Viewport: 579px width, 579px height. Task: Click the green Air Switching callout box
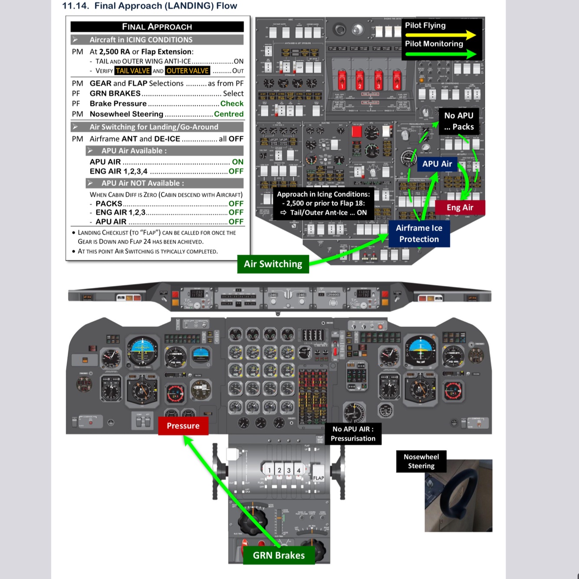pyautogui.click(x=273, y=264)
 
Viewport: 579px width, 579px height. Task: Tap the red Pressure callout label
pyautogui.click(x=183, y=426)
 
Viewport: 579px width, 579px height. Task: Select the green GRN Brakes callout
pyautogui.click(x=279, y=555)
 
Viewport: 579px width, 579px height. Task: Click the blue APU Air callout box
pyautogui.click(x=437, y=164)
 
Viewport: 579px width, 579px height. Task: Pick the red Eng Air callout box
pyautogui.click(x=460, y=207)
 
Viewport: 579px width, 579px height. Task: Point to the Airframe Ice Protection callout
pyautogui.click(x=419, y=234)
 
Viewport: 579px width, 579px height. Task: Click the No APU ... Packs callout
pyautogui.click(x=459, y=121)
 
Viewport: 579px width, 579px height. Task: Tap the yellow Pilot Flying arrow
pyautogui.click(x=441, y=34)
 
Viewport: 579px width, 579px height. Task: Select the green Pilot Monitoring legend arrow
pyautogui.click(x=441, y=54)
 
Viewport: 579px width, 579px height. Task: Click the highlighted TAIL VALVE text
pyautogui.click(x=133, y=71)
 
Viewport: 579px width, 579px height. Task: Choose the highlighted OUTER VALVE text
pyautogui.click(x=188, y=71)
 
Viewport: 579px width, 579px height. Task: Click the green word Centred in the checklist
pyautogui.click(x=229, y=114)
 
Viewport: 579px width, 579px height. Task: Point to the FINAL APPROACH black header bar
pyautogui.click(x=157, y=26)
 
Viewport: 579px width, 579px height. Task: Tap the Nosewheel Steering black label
pyautogui.click(x=421, y=461)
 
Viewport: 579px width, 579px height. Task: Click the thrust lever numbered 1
pyautogui.click(x=269, y=470)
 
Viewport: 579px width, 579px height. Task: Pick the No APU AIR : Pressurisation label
pyautogui.click(x=353, y=434)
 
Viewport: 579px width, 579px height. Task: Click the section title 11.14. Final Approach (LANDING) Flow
pyautogui.click(x=150, y=6)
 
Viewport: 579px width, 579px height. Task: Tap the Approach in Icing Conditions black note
pyautogui.click(x=323, y=203)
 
